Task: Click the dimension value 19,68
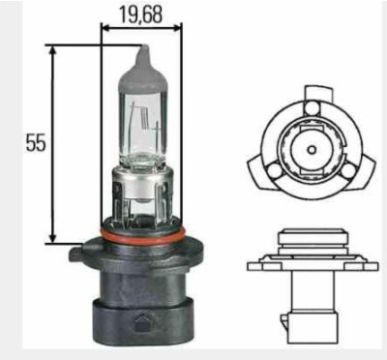tap(140, 15)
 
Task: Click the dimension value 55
tap(36, 143)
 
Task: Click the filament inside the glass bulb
tap(143, 119)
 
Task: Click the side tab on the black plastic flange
tap(77, 253)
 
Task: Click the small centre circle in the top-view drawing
tap(312, 150)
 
